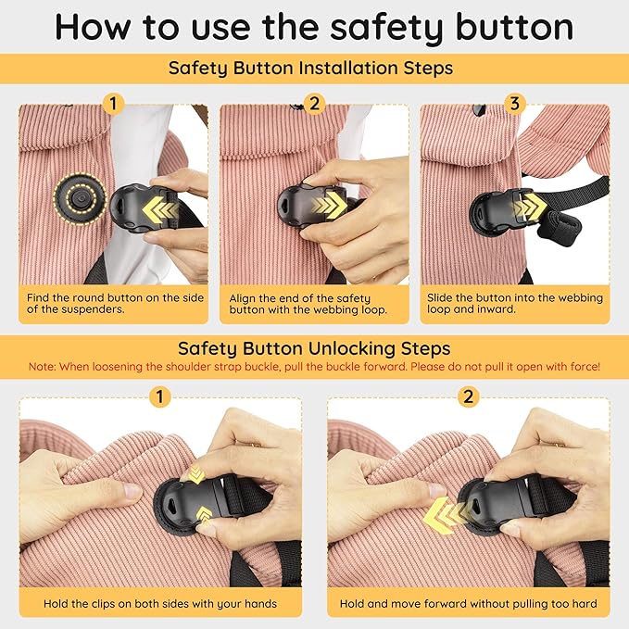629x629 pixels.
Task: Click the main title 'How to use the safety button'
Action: click(314, 27)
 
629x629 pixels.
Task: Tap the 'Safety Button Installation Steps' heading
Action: click(310, 68)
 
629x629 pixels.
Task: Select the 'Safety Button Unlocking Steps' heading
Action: click(314, 348)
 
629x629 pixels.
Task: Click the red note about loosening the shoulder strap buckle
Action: click(314, 367)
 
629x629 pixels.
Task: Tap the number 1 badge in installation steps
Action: click(113, 105)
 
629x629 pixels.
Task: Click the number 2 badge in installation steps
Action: click(314, 105)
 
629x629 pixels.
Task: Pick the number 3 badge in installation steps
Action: click(515, 105)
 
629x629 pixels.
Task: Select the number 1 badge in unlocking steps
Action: click(160, 397)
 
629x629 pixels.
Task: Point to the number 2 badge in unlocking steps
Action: click(469, 397)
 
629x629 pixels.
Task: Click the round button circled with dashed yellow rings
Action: click(80, 198)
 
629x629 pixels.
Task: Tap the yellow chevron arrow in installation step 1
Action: click(159, 209)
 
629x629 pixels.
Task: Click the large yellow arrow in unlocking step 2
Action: click(447, 515)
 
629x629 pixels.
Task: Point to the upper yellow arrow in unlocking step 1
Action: click(196, 474)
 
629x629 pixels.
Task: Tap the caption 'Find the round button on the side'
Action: click(115, 297)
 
